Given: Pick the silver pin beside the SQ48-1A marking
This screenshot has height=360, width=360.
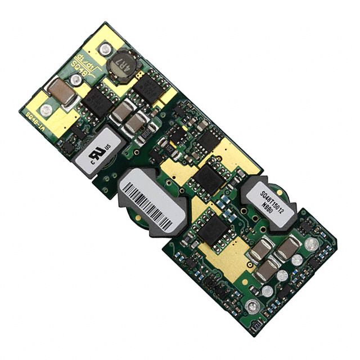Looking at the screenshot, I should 46,110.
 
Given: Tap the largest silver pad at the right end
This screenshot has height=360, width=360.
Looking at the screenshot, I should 311,244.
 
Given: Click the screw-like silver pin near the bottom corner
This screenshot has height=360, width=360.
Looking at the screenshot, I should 253,307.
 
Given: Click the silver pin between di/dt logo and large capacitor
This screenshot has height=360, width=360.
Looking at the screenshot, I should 75,80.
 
